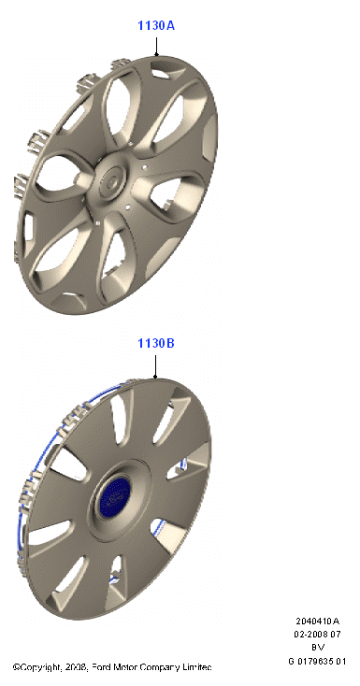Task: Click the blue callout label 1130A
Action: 156,26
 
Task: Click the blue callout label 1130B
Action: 156,343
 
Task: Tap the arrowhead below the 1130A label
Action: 156,54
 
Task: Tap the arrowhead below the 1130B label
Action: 155,376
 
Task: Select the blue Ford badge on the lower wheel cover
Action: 114,496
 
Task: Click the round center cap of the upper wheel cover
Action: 111,180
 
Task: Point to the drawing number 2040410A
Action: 318,621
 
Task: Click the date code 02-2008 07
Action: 318,634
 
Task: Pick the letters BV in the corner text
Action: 318,648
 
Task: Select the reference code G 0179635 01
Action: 318,661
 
